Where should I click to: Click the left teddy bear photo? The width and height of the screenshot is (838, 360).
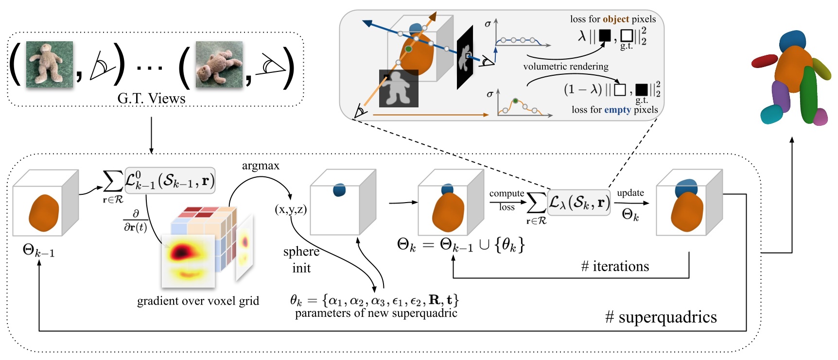(x=50, y=64)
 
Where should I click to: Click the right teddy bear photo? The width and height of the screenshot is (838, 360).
(x=219, y=64)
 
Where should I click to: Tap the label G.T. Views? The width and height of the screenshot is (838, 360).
(x=151, y=99)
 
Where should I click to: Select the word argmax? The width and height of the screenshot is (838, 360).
(x=261, y=166)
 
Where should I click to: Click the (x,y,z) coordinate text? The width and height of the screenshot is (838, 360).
(x=291, y=209)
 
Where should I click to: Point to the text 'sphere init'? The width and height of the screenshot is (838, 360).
(x=301, y=259)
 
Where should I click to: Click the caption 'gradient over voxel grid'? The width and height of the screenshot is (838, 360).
(x=198, y=301)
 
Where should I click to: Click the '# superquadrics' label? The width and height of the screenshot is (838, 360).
(x=661, y=317)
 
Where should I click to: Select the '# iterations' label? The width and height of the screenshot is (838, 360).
(x=615, y=266)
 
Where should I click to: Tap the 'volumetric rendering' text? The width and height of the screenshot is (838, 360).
(x=565, y=66)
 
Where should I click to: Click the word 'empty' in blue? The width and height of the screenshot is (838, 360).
(x=617, y=110)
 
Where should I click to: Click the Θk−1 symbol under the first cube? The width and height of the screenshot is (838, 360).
(x=38, y=251)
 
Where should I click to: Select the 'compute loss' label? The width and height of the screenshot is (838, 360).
(x=506, y=200)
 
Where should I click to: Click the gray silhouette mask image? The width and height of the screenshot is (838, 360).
(x=399, y=88)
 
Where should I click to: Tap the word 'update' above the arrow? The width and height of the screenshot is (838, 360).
(x=630, y=192)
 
